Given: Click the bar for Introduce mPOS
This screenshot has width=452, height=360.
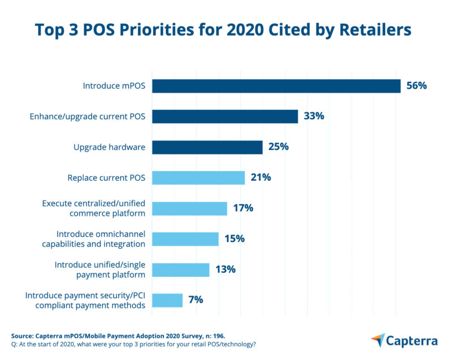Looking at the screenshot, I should (276, 86).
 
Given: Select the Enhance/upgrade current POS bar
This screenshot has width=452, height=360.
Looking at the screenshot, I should (225, 116).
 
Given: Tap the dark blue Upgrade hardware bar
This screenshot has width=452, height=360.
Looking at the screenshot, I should (207, 147).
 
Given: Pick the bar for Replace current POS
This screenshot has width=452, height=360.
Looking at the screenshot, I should (198, 177).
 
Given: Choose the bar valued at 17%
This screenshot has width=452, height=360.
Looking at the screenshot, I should (189, 208).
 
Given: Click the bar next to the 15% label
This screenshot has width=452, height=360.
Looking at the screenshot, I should (185, 238).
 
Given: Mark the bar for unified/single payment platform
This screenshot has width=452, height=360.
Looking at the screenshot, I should (181, 270).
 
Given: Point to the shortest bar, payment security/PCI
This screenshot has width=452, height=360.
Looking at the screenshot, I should (167, 300).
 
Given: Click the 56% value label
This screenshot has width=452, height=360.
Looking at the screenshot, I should (416, 86).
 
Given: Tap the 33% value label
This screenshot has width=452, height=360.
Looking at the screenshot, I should (314, 116).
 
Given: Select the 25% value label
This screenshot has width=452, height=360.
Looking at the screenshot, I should (278, 147).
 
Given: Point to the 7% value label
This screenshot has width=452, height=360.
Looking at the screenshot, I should (195, 300).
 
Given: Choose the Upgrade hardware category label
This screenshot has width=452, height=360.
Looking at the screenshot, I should (109, 147).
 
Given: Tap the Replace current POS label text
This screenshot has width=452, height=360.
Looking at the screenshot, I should (106, 177).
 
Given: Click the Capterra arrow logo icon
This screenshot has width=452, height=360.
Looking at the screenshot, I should (378, 340).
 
